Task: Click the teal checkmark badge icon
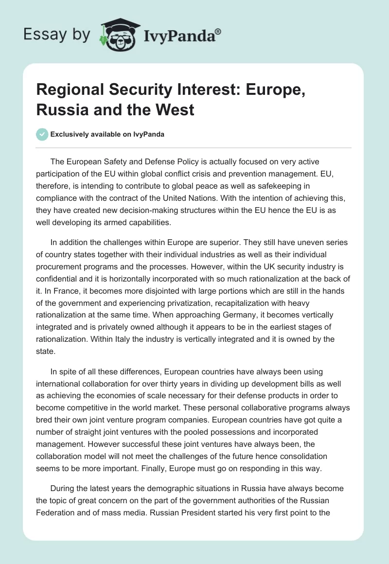point(42,134)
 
